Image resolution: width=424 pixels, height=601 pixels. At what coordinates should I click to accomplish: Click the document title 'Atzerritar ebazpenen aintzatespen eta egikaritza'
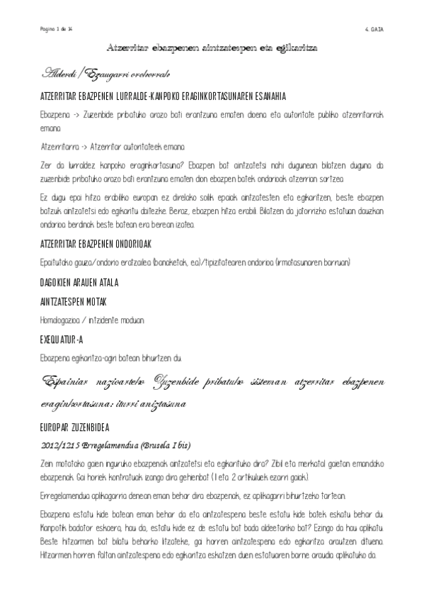click(212, 48)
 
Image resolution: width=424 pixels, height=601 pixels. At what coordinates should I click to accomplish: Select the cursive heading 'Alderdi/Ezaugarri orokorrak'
click(105, 74)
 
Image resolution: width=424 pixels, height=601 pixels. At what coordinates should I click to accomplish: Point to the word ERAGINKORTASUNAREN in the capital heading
click(229, 96)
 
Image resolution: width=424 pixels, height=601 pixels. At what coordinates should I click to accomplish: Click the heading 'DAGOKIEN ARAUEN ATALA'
click(79, 282)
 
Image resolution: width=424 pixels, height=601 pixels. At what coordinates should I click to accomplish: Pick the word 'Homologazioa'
click(60, 319)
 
